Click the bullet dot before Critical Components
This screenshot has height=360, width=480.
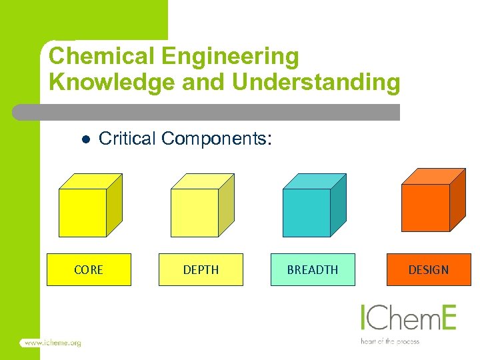(x=85, y=139)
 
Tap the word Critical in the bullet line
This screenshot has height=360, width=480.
(x=127, y=139)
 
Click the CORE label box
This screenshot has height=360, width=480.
(x=89, y=270)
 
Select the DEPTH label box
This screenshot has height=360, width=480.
(x=201, y=270)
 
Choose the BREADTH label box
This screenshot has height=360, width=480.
(x=313, y=270)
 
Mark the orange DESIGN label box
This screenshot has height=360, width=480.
(x=429, y=270)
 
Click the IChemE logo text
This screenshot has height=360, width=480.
(x=408, y=318)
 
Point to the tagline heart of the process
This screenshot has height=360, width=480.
(x=390, y=341)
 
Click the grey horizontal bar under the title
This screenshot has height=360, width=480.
(x=207, y=112)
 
